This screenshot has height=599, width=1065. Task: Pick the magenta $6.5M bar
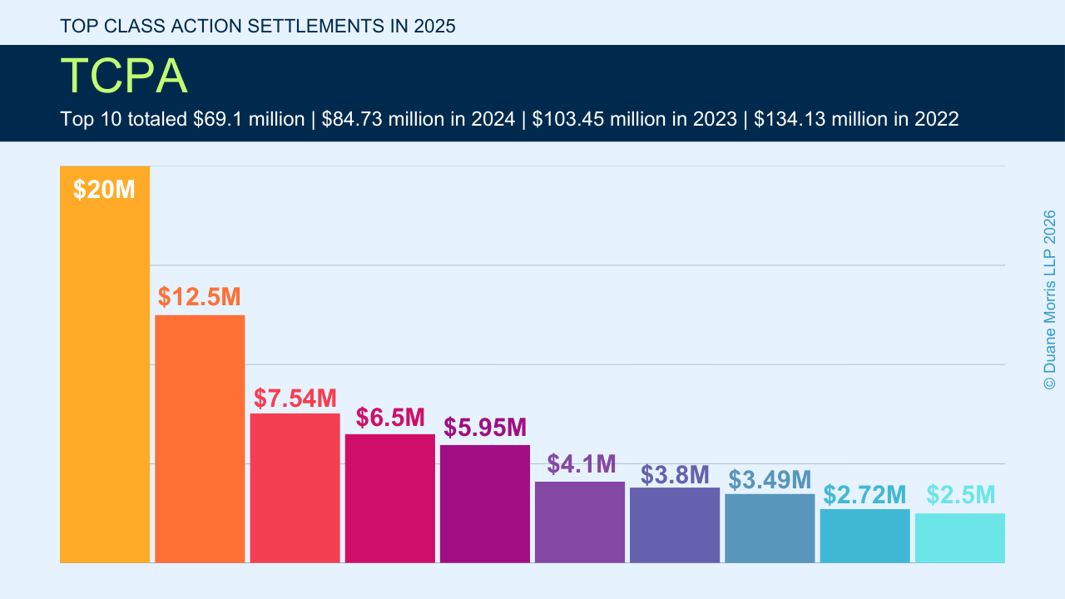click(389, 498)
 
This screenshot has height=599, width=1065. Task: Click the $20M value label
click(104, 190)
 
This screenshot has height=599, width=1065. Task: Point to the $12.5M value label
click(200, 297)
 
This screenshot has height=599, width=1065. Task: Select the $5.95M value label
click(485, 427)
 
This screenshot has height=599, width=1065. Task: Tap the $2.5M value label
click(961, 495)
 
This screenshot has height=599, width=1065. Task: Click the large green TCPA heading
click(124, 77)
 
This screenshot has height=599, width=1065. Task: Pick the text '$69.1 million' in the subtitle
click(248, 119)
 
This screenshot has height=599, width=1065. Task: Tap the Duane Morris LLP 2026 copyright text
click(1049, 299)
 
